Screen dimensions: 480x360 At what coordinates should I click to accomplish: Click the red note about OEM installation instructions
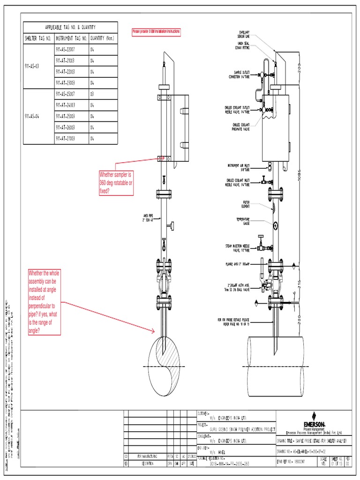click(156, 31)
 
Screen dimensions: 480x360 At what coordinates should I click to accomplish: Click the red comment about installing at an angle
click(45, 302)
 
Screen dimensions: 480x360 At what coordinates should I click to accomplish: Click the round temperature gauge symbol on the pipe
click(275, 226)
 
